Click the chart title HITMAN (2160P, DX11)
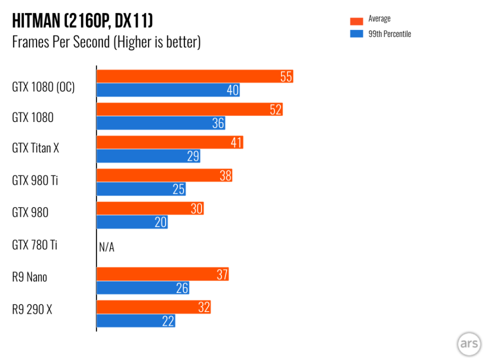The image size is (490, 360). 82,21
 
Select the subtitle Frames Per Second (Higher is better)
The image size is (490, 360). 106,42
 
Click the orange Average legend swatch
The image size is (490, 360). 357,21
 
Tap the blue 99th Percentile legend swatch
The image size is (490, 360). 357,34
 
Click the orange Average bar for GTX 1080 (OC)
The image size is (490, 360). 195,76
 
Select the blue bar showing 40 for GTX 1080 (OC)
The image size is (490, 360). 168,90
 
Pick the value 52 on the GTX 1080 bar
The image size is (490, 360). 275,110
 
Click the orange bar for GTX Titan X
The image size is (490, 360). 170,143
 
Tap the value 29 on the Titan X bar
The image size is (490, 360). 193,157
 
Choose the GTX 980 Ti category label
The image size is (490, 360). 35,180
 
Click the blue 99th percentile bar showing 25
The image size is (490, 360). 141,190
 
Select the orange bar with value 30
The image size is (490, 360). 150,209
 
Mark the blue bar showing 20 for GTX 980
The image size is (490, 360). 132,222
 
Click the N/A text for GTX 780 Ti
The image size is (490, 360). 107,248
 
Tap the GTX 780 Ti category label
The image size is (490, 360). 35,245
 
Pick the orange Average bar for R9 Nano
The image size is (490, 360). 162,274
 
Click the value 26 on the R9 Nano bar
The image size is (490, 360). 182,289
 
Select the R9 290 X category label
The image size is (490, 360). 32,310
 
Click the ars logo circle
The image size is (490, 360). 469,344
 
